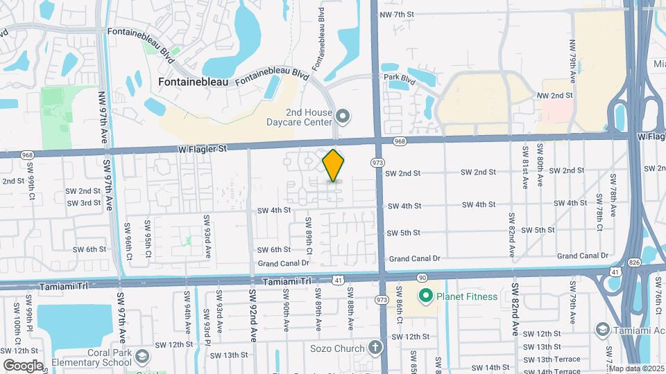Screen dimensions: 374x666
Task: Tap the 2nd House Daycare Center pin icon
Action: coord(342,115)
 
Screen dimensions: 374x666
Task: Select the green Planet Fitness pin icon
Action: coord(425,296)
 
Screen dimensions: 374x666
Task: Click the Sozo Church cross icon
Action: coord(375,346)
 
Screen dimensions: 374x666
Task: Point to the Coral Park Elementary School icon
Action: coord(142,357)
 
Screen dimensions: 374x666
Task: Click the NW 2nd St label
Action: coord(556,96)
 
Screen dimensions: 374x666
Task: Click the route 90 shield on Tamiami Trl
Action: coord(421,276)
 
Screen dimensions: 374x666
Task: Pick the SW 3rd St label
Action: coord(84,203)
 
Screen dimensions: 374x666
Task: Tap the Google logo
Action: coord(24,365)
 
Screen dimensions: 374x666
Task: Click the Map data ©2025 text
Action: coord(636,368)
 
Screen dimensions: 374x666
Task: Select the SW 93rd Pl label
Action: coord(207,321)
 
